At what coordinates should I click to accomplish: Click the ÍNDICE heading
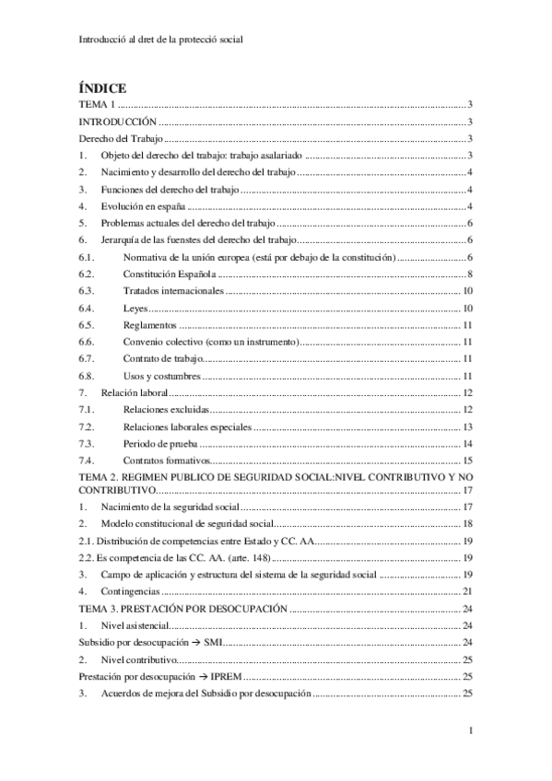tap(102, 87)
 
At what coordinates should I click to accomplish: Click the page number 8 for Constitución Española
tap(470, 274)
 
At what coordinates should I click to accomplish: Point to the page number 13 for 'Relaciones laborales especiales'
tap(467, 426)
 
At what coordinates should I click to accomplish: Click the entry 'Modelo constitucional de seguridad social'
tap(193, 523)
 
